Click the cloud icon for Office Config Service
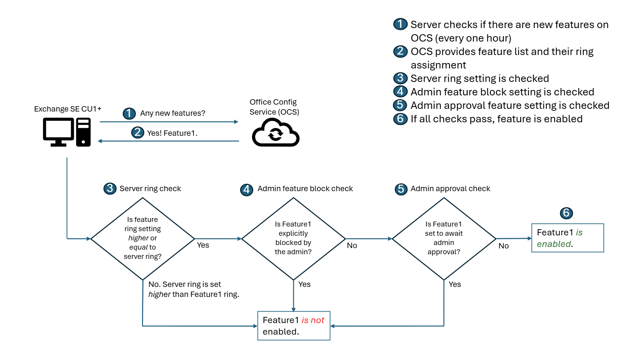point(276,133)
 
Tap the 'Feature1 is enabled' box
point(567,238)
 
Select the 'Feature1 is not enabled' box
point(294,326)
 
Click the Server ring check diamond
point(142,238)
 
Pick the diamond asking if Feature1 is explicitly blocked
point(293,238)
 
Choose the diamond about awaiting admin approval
point(444,238)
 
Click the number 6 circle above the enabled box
point(566,213)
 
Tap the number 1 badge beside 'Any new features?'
point(129,113)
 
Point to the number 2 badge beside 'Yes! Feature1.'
point(137,132)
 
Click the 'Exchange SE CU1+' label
point(68,109)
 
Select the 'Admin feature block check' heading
point(305,188)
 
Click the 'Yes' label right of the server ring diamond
point(203,245)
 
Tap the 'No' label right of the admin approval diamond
point(503,246)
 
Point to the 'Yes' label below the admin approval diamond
point(455,284)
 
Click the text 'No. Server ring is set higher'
point(185,284)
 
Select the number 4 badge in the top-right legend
point(400,92)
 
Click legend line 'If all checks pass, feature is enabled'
point(496,119)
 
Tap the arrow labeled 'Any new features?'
point(169,122)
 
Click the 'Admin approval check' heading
point(450,188)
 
